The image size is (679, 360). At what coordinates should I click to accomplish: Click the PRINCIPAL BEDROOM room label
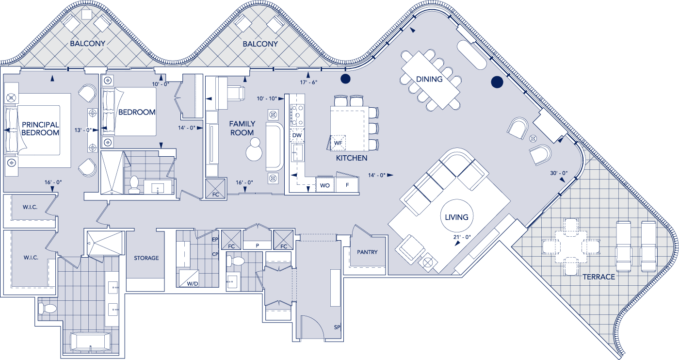40,129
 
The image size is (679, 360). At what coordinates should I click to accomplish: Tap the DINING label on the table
429,79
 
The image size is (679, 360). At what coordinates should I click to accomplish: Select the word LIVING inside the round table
456,217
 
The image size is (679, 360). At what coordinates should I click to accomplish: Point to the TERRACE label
598,277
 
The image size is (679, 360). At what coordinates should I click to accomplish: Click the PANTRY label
367,252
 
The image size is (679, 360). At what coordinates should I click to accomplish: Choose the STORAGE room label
146,258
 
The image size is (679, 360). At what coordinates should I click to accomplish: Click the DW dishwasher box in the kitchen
296,135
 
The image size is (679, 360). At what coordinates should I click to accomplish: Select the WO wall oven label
324,185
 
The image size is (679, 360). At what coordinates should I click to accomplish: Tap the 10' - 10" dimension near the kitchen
267,98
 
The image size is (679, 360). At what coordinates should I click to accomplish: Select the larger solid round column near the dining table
497,82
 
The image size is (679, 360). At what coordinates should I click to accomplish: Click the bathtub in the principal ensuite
91,341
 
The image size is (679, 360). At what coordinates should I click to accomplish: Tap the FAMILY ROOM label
242,128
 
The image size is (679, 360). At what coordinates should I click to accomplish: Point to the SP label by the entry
337,327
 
